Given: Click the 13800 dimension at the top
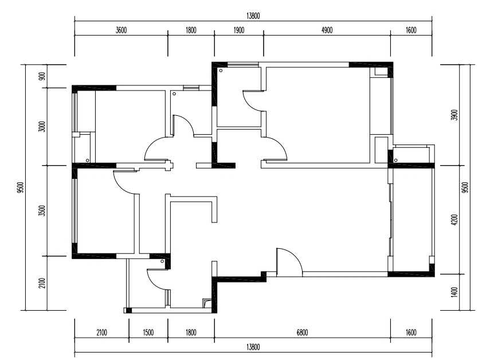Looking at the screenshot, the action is (253, 16).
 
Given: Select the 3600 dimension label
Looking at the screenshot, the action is (121, 30).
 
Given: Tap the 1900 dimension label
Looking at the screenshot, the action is (238, 30).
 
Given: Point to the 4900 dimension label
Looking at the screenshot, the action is (327, 30).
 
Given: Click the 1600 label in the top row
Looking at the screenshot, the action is (411, 30).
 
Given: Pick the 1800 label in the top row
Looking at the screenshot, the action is (191, 30).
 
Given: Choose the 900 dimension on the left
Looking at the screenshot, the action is (42, 76).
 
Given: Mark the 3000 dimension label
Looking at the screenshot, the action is (42, 126).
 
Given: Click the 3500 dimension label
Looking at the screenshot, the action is (42, 210).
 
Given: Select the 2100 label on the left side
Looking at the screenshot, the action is (42, 283).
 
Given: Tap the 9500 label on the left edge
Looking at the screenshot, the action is (21, 187).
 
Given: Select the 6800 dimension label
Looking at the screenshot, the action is (302, 332).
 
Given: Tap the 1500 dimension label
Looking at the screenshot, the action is (148, 332).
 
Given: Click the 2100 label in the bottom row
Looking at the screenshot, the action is (101, 332).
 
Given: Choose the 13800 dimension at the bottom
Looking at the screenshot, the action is (253, 347).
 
